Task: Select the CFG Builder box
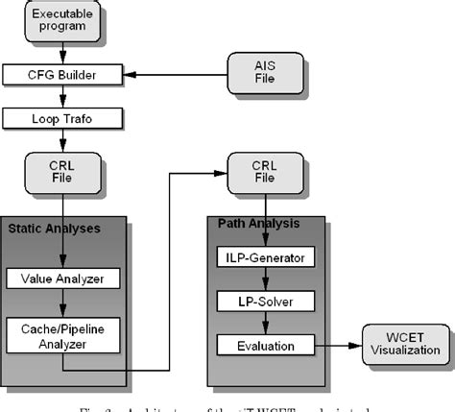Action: click(63, 73)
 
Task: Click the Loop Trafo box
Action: click(63, 118)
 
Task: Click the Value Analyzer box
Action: click(63, 279)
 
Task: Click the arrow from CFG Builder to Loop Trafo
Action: click(63, 95)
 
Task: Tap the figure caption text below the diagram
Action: click(227, 403)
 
